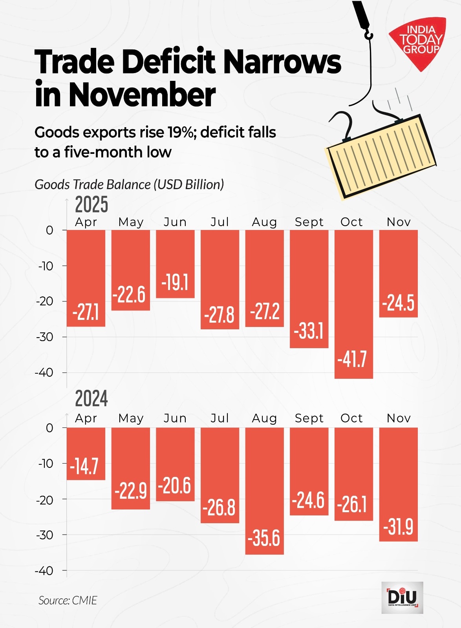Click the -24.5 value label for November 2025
(398, 303)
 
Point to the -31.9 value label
(398, 527)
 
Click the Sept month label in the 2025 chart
(309, 222)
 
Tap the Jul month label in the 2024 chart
(220, 418)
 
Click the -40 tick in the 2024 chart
(44, 571)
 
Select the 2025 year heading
(91, 204)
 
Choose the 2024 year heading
(91, 399)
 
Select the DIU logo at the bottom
(402, 597)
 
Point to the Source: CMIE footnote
(68, 600)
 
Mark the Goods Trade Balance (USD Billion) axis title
(129, 184)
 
